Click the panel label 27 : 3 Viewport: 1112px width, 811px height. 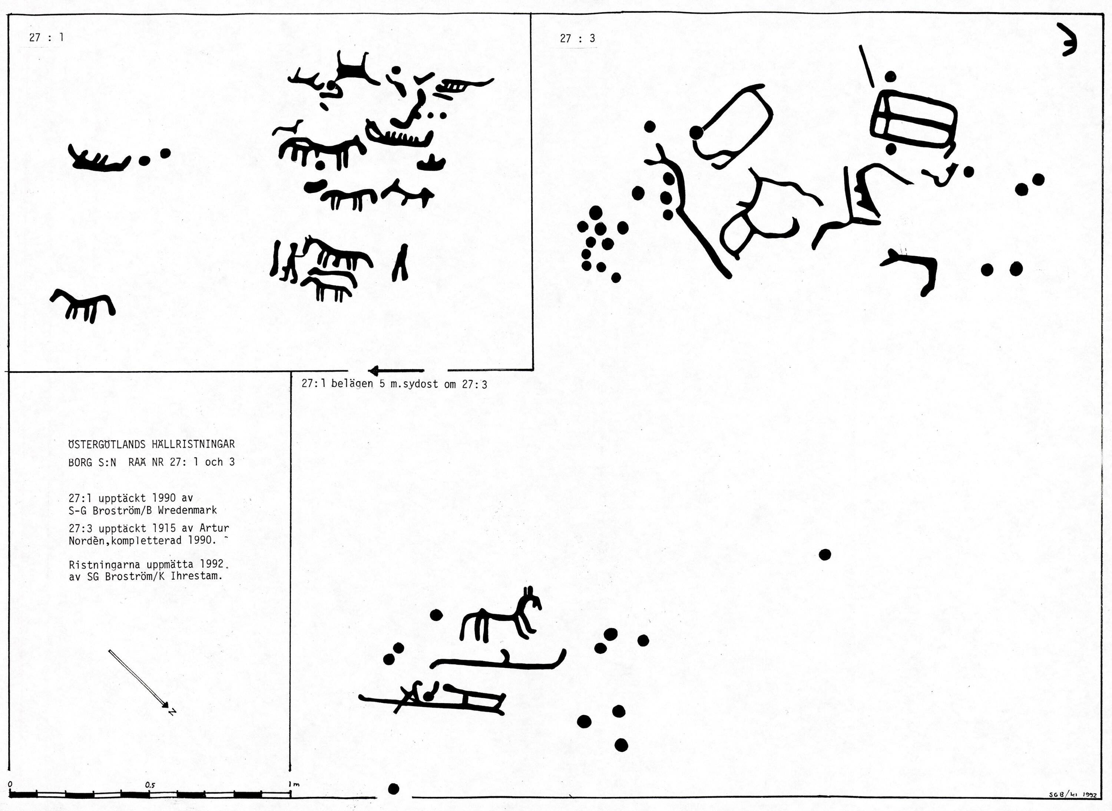pos(578,38)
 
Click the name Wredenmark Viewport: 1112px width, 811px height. pos(188,510)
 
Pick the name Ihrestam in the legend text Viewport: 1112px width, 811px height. pos(196,576)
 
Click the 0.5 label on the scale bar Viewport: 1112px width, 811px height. pos(150,785)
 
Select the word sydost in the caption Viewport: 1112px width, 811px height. pos(420,384)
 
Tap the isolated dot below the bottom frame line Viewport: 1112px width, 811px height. pos(393,789)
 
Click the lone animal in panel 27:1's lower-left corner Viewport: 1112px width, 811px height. pos(82,305)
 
